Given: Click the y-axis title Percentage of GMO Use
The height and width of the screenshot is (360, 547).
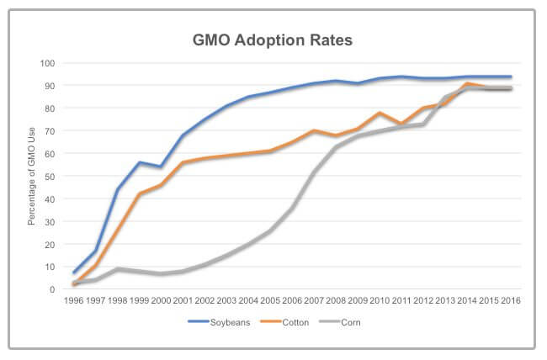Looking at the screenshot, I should [32, 177].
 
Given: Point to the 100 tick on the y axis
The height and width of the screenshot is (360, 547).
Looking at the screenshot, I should [48, 63].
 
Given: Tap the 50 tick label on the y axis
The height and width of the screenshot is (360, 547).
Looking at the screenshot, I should [50, 177].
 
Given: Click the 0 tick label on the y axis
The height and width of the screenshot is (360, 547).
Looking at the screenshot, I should [53, 289].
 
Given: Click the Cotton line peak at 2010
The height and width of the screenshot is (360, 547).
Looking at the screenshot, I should [380, 113].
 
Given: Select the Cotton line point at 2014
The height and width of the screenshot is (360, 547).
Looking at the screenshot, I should [466, 84].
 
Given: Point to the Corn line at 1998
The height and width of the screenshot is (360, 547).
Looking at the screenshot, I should [118, 269].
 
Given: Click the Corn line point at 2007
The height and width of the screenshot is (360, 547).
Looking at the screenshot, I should [314, 172].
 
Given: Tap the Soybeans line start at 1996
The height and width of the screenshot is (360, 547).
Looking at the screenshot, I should [74, 273].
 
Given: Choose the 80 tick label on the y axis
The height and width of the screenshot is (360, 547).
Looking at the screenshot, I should [50, 109].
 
